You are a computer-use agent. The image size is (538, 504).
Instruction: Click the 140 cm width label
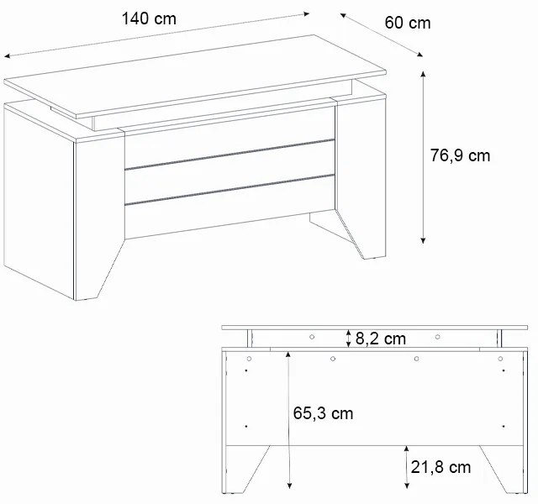[149, 18]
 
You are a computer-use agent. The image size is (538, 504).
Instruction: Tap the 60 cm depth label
[407, 23]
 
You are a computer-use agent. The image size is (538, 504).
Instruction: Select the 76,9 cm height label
[460, 155]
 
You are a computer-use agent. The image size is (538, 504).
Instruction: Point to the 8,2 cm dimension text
[381, 339]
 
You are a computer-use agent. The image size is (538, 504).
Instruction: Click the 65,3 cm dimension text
[323, 413]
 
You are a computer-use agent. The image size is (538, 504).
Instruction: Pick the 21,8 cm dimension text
[440, 467]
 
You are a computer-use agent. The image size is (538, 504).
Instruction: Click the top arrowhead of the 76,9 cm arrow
[423, 74]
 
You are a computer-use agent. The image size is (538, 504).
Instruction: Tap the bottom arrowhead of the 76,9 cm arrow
[423, 240]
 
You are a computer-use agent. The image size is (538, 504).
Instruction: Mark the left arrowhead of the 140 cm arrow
[8, 56]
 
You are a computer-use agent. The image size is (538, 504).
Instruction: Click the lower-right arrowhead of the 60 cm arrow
[419, 54]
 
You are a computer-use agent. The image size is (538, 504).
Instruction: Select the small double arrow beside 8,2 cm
[349, 338]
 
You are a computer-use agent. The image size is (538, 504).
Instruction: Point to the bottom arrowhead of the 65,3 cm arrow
[289, 486]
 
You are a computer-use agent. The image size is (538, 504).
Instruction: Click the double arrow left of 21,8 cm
[407, 467]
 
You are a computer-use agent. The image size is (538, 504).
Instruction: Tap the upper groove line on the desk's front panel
[229, 155]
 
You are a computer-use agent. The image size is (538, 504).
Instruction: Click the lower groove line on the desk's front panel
[229, 190]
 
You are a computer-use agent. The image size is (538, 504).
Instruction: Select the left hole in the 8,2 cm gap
[312, 337]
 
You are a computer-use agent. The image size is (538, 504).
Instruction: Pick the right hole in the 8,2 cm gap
[437, 337]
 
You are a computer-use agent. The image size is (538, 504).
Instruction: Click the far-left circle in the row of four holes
[249, 359]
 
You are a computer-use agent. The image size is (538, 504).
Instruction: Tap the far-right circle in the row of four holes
[500, 359]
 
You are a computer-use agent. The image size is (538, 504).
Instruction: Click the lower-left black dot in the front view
[246, 426]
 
